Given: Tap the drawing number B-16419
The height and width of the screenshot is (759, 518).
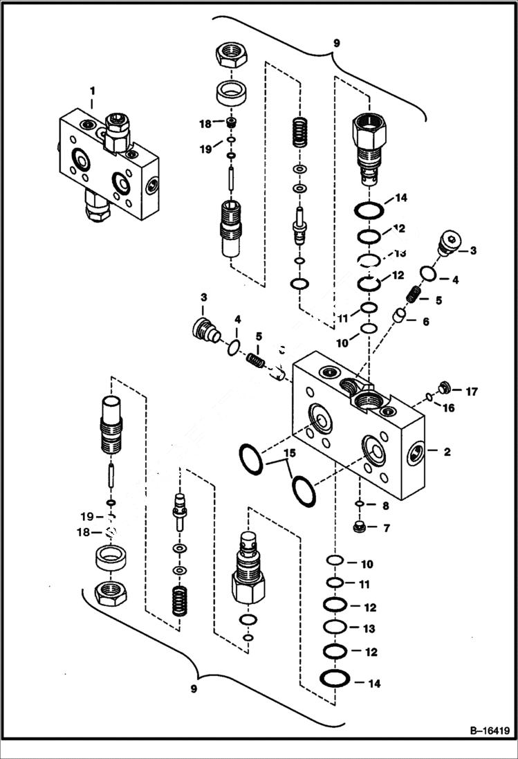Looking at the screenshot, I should pos(483,730).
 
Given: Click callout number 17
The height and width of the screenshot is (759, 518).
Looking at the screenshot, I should pos(471,392).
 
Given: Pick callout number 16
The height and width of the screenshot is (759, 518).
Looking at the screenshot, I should pos(448,408).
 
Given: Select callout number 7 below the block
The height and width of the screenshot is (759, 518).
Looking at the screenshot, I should pos(386,529).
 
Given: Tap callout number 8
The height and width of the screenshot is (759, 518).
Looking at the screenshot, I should pos(386,506).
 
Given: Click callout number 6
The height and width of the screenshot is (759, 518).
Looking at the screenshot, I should pos(425,321).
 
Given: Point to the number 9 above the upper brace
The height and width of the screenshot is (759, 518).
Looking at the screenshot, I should pos(336,43).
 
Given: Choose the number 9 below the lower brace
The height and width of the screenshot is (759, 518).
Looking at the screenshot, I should pos(194,689).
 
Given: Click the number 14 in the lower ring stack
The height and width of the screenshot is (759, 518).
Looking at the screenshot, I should pos(374,684).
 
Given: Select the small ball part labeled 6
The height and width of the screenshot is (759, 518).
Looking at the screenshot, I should pos(398,316).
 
